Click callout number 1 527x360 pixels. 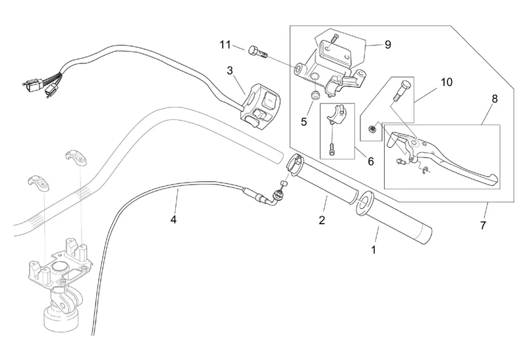pyautogui.click(x=374, y=250)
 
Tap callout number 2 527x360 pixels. pyautogui.click(x=322, y=220)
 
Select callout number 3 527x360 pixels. pyautogui.click(x=230, y=70)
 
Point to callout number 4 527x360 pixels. pyautogui.click(x=174, y=219)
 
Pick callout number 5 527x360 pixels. pyautogui.click(x=304, y=121)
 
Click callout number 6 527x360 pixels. pyautogui.click(x=370, y=161)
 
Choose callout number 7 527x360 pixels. pyautogui.click(x=484, y=225)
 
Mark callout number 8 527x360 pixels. pyautogui.click(x=494, y=98)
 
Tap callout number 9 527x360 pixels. pyautogui.click(x=387, y=44)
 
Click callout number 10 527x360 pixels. pyautogui.click(x=447, y=82)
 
